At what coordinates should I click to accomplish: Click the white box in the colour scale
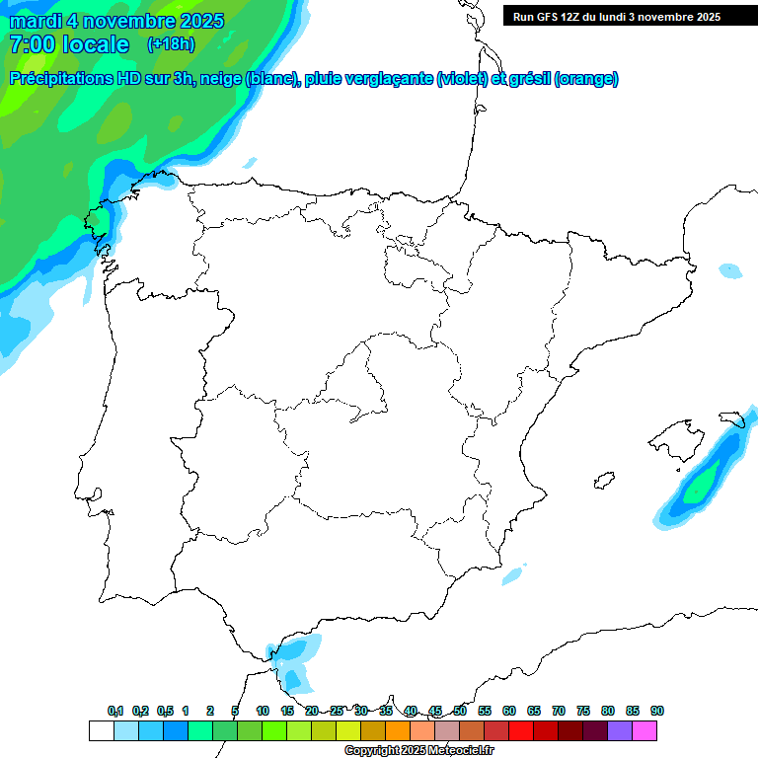point(101,730)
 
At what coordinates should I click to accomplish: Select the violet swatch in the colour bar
point(620,730)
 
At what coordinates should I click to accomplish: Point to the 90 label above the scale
point(657,711)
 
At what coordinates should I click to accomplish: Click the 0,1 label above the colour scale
point(115,711)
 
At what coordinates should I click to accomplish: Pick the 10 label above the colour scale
point(263,711)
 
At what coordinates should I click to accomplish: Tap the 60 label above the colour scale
point(509,711)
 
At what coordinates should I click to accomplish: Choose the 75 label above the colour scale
point(583,711)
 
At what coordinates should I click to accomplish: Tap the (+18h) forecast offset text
point(171,43)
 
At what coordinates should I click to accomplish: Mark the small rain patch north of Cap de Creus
point(730,270)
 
